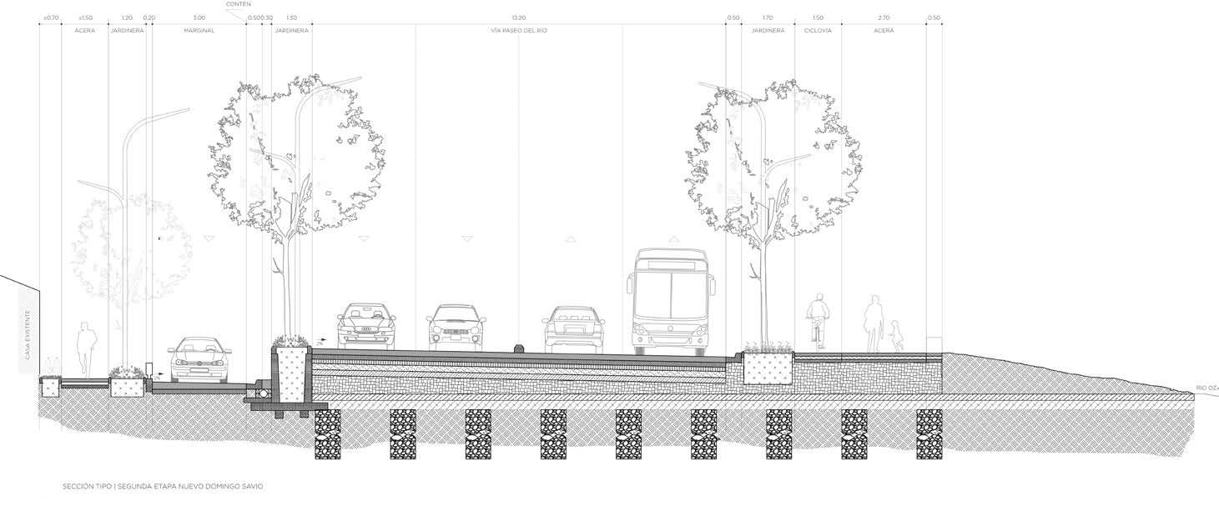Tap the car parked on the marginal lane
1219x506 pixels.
coord(199,360)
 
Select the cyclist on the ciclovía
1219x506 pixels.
coord(817,321)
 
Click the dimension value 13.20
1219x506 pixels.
coord(519,18)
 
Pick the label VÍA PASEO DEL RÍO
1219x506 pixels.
coord(519,31)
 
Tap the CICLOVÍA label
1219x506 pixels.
coord(818,31)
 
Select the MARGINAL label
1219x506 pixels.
coord(199,31)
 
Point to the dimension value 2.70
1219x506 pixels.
coord(884,18)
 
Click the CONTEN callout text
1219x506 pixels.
coord(238,4)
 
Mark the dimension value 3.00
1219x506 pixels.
coord(199,18)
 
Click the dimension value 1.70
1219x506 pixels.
coord(768,18)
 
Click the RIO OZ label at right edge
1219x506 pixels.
coord(1206,388)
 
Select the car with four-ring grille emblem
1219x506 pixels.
coord(365,324)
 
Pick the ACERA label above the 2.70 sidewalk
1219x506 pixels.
coord(884,31)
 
